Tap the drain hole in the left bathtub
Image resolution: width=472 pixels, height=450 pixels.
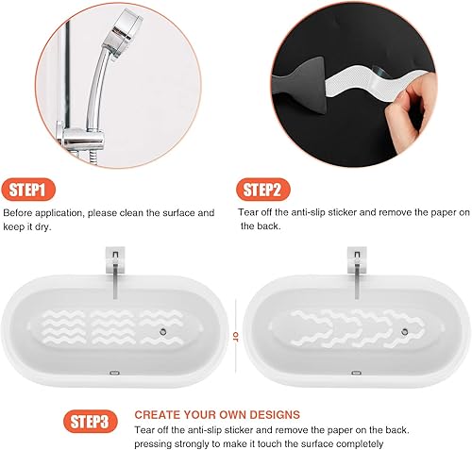tap(163, 333)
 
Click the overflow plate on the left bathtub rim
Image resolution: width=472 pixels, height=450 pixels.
tap(115, 372)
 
